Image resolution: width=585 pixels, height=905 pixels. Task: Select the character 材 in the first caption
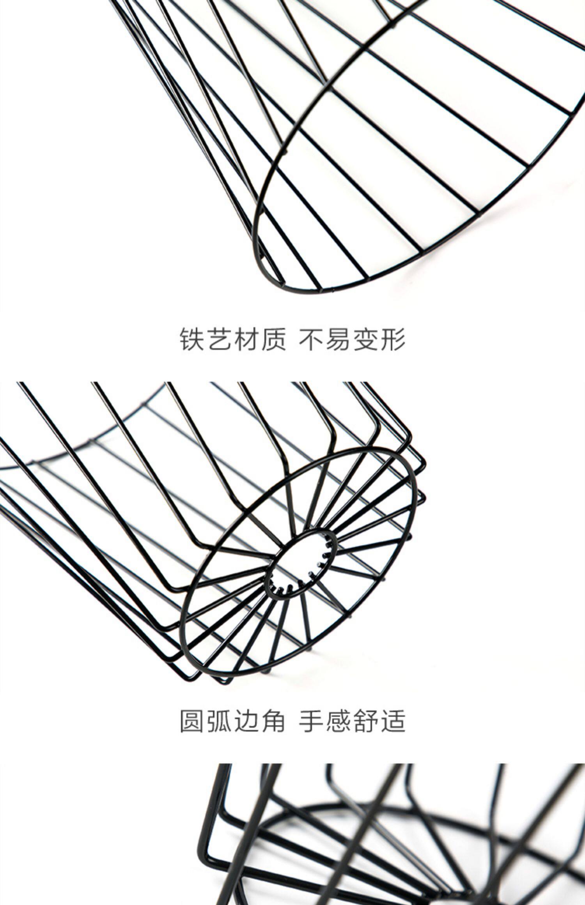pos(247,339)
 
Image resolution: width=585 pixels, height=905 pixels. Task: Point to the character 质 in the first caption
pos(274,339)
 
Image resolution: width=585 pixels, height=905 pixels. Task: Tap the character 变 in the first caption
pos(365,339)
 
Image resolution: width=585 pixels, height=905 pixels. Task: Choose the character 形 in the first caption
pos(392,339)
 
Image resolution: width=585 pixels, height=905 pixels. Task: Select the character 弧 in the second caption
pos(220,721)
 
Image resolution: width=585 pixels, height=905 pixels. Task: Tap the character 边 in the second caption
pos(247,721)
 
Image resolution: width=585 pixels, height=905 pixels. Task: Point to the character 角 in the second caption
pos(274,721)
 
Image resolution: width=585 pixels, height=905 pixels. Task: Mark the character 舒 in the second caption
pos(365,721)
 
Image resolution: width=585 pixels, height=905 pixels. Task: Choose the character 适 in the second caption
pos(392,721)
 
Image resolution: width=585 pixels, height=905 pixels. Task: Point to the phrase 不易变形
pos(352,339)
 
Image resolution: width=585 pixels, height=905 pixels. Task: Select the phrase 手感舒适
pos(352,721)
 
